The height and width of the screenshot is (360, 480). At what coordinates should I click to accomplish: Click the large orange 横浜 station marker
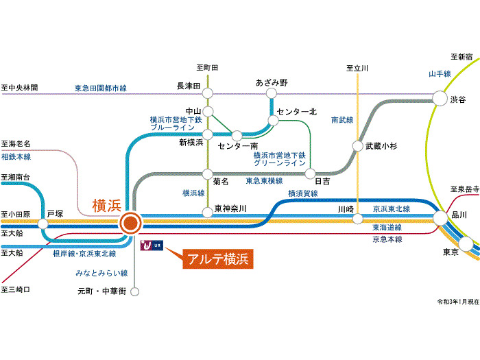coord(130,223)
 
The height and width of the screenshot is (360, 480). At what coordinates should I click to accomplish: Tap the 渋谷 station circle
coord(441,99)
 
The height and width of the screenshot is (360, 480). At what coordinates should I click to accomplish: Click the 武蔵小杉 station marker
coord(357,146)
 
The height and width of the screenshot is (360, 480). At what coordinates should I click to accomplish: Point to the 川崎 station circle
coord(357,219)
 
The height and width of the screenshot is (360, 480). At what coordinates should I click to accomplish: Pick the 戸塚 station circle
coord(44,224)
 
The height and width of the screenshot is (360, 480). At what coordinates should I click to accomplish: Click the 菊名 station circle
coord(206,173)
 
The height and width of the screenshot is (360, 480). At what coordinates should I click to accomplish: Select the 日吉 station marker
coord(311,173)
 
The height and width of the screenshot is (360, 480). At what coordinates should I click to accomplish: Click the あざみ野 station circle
coord(272,93)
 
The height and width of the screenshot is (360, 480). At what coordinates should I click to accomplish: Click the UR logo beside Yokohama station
coord(152,244)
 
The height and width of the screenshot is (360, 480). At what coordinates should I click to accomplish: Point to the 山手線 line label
coord(440,73)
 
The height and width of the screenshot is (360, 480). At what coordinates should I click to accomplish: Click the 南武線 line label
coord(341,119)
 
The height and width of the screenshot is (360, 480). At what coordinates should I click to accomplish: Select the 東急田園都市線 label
coord(101,88)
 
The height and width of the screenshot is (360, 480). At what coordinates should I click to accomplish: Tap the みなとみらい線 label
coord(101,273)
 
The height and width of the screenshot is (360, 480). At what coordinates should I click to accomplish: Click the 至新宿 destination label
coord(461,56)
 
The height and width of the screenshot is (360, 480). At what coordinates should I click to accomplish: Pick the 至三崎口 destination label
coord(16,290)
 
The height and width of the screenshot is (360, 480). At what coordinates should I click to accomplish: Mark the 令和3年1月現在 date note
coord(455,301)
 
